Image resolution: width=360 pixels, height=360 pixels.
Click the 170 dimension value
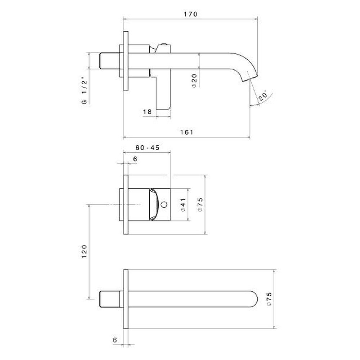(190, 14)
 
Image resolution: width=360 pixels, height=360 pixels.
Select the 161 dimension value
(186, 132)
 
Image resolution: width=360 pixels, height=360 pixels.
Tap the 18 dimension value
(147, 112)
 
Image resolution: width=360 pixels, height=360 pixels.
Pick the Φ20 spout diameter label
(194, 81)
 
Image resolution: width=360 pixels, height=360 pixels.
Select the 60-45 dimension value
(147, 148)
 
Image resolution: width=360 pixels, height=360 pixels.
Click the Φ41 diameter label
(183, 205)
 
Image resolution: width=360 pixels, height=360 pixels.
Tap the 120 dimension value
(84, 251)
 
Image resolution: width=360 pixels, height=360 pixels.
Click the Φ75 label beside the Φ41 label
(200, 205)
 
